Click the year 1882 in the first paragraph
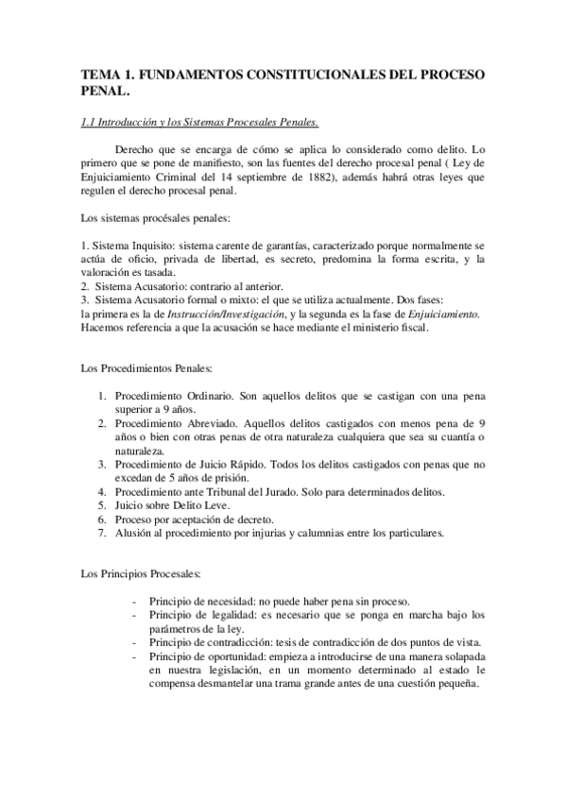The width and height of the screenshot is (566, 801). coord(314,176)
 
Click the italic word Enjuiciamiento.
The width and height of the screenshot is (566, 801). coord(442,314)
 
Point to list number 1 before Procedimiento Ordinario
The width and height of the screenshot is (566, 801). coord(101,395)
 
